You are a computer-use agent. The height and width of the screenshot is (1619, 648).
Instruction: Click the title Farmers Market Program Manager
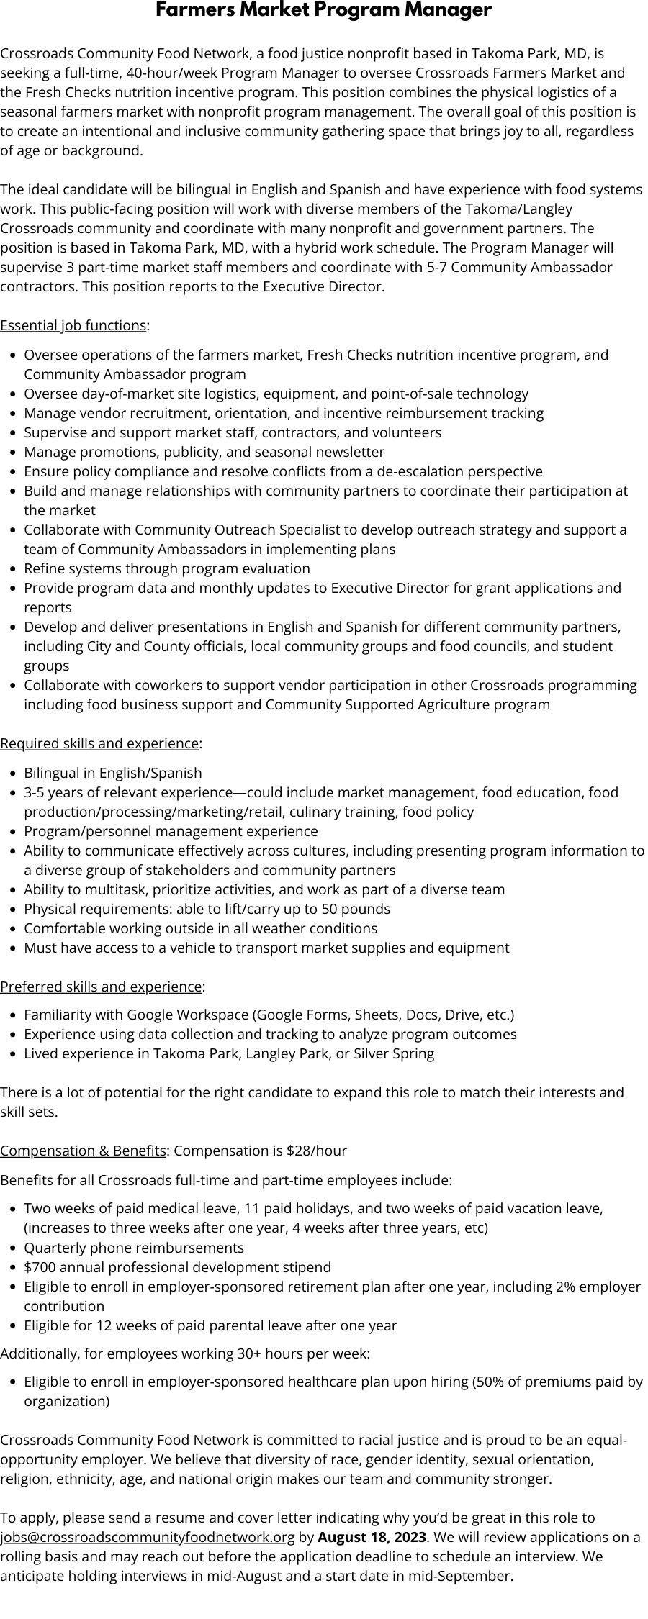coord(324,10)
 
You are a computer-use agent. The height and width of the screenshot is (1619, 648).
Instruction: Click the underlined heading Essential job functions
coord(73,325)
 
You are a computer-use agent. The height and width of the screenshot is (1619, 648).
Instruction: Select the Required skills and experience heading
coord(99,743)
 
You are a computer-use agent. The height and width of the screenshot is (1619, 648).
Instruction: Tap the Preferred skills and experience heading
coord(101,986)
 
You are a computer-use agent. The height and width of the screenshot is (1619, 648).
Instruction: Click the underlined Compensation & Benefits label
coord(83,1151)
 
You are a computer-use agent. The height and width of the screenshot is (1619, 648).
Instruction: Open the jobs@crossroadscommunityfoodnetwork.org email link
coord(148,1537)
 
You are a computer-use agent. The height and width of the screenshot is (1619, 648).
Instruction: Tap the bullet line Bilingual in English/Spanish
coord(113,773)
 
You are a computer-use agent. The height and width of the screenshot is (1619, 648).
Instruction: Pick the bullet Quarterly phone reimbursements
coord(134,1247)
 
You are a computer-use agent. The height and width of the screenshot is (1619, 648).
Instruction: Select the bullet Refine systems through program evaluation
coord(167,568)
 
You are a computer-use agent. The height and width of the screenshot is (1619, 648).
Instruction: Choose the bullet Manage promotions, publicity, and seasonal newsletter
coord(204,452)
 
